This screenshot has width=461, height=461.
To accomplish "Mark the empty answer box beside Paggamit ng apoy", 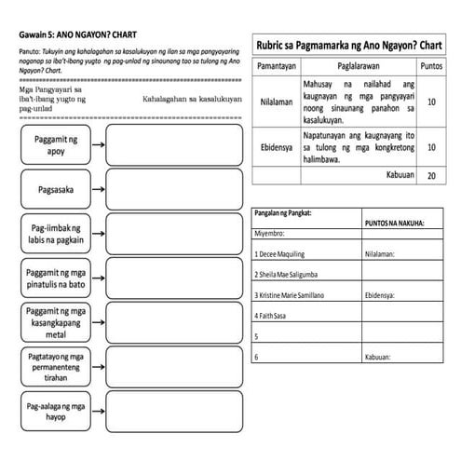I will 173,143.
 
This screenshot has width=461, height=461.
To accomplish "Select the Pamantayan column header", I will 277,67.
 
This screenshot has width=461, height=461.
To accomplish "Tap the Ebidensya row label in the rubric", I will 277,147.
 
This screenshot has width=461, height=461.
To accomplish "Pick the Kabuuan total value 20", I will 431,175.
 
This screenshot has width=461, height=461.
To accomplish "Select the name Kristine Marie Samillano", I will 291,294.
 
